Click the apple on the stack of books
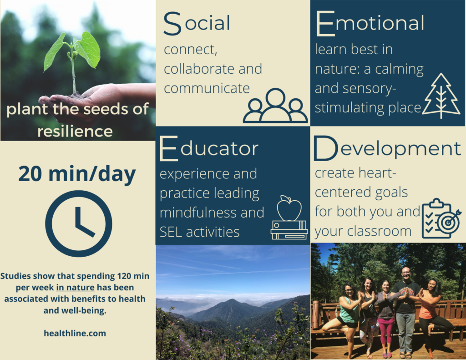point(289,208)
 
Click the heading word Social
point(197,23)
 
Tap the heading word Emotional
point(370,23)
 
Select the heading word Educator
point(209,148)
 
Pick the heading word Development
point(387,148)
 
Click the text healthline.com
point(75,333)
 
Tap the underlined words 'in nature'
point(75,288)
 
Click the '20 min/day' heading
point(77,174)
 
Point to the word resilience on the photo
point(75,131)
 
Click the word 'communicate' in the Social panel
point(207,89)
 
